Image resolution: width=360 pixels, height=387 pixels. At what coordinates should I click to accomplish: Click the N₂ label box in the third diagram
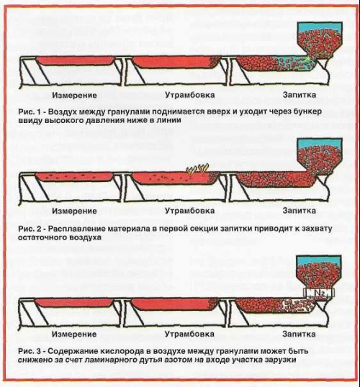click(319, 293)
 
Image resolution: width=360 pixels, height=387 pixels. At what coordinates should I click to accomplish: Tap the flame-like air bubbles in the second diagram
click(197, 169)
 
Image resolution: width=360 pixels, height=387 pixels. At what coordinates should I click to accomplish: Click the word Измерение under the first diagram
click(74, 95)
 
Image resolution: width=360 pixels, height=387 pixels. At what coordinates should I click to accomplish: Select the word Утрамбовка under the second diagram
click(189, 211)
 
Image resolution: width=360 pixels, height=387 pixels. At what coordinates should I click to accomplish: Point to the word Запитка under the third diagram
click(299, 334)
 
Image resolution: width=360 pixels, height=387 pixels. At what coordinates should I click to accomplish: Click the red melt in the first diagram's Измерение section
click(75, 60)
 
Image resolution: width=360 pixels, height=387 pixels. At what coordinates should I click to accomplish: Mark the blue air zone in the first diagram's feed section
click(293, 63)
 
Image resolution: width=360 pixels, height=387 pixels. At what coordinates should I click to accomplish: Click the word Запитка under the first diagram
click(300, 95)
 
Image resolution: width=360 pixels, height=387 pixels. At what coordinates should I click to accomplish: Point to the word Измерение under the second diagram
click(74, 211)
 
